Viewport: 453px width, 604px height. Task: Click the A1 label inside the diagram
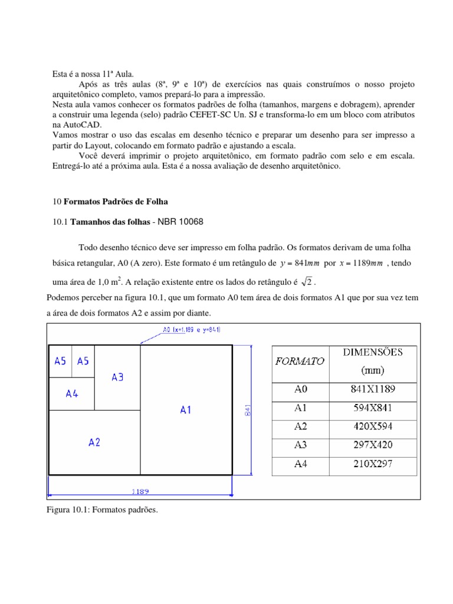point(186,410)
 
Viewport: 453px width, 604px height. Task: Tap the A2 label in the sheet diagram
point(94,442)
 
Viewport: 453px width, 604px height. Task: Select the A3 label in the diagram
point(117,377)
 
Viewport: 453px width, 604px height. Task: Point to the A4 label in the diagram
point(72,393)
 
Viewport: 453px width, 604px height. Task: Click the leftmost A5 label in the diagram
point(60,361)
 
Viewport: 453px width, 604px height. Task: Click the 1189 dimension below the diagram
point(140,490)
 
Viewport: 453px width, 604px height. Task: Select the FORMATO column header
point(300,362)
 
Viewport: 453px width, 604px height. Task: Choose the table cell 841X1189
point(373,389)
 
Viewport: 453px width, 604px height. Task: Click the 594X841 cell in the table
point(373,408)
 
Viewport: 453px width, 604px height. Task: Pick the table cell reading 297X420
point(373,445)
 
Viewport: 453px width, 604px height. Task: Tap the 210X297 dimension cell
point(373,464)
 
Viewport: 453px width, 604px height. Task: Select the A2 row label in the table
point(301,426)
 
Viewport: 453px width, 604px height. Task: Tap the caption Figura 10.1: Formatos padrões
point(103,510)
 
